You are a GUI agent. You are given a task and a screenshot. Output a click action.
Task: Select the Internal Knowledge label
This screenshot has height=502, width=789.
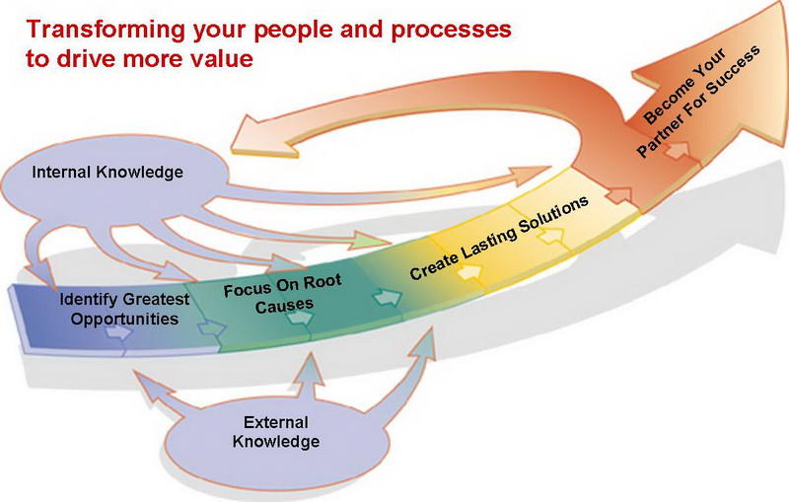tap(108, 172)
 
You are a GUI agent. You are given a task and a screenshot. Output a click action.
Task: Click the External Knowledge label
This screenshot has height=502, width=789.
tap(276, 432)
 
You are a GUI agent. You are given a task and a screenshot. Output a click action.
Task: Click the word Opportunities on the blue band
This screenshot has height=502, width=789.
tap(124, 319)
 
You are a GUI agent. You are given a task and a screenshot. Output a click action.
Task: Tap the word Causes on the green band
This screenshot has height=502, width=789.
tap(284, 306)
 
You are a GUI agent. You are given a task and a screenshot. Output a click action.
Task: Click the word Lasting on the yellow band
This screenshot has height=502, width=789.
tap(489, 244)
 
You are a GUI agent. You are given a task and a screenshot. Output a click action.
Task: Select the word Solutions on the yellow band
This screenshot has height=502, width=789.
tap(554, 215)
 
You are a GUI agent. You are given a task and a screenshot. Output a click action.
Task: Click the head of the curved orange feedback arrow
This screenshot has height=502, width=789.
tap(256, 135)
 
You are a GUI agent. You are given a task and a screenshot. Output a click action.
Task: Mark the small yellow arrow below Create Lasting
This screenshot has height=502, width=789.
tap(469, 271)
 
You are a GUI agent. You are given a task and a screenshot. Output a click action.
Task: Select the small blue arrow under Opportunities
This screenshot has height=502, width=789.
tap(118, 332)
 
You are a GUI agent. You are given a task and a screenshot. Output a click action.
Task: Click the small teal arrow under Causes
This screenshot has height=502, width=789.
tap(300, 318)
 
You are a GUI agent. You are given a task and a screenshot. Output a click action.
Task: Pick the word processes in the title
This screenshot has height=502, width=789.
tap(451, 30)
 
